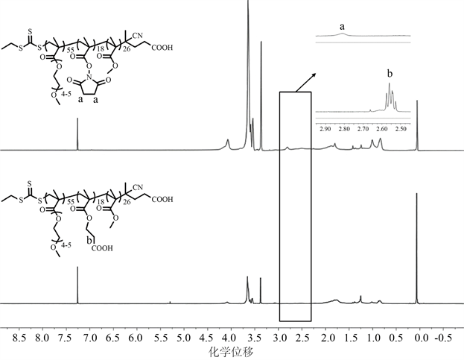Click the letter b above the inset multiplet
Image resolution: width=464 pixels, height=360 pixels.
pos(389,75)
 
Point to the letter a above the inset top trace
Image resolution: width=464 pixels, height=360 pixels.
pos(342,26)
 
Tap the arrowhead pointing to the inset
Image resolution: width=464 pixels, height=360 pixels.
pos(314,75)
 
